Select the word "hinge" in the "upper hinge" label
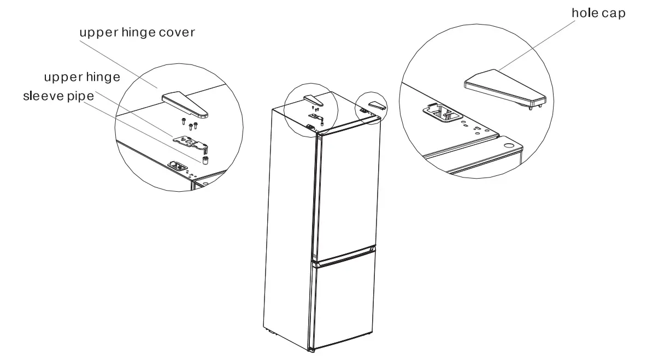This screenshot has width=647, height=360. pyautogui.click(x=102, y=77)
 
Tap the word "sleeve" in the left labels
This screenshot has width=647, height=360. pyautogui.click(x=42, y=97)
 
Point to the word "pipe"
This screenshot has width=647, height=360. pyautogui.click(x=80, y=97)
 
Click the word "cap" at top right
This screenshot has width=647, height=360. pyautogui.click(x=613, y=13)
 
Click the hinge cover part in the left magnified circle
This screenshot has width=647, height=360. pyautogui.click(x=185, y=104)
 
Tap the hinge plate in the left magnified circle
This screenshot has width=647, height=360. pyautogui.click(x=191, y=142)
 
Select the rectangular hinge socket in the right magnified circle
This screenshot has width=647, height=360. pyautogui.click(x=442, y=113)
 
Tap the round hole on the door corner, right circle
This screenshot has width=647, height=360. pyautogui.click(x=509, y=146)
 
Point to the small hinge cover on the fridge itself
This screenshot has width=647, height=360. pyautogui.click(x=313, y=99)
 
